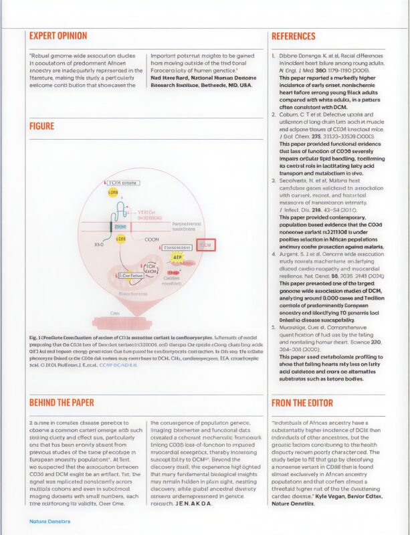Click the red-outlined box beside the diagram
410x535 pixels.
(205, 245)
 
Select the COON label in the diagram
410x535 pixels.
(151, 239)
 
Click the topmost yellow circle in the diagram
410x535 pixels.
(112, 193)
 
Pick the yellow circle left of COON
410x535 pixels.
(121, 239)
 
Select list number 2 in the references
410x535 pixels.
(274, 114)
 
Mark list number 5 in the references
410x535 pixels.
(274, 327)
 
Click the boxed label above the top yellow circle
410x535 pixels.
(123, 183)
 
